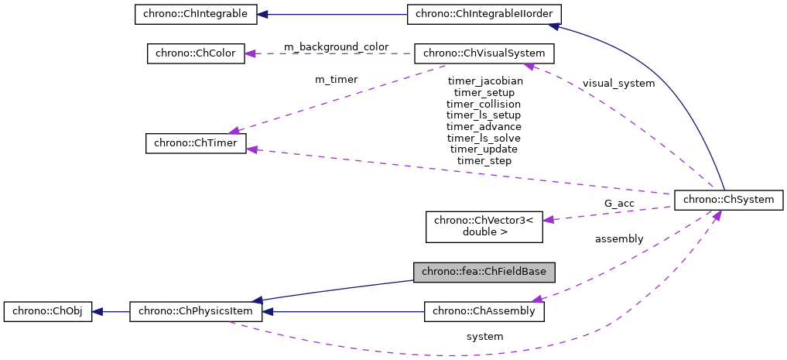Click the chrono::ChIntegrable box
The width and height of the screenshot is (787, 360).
point(190,14)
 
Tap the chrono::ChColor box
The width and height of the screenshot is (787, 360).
point(196,53)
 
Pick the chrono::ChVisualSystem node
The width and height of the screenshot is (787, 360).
point(484,53)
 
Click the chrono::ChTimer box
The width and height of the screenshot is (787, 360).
point(196,143)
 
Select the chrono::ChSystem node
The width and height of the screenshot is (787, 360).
point(729,199)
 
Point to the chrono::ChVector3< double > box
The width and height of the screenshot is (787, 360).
point(484,225)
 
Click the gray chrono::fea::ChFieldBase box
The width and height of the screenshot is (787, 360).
point(484,272)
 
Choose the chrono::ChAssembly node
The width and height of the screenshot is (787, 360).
point(484,312)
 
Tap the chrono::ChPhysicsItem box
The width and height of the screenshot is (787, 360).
point(196,312)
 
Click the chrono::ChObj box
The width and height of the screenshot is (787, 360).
point(48,312)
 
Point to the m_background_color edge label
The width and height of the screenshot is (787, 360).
point(336,47)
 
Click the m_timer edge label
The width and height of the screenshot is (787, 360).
point(336,79)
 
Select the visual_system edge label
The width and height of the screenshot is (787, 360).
point(618,83)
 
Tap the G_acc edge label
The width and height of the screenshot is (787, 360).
point(619,204)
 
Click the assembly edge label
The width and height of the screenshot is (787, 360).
point(618,239)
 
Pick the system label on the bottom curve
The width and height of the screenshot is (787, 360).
point(484,337)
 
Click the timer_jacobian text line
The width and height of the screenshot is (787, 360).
point(484,81)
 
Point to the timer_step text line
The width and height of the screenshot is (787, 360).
point(484,160)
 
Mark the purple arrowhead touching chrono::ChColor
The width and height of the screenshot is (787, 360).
point(251,53)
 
